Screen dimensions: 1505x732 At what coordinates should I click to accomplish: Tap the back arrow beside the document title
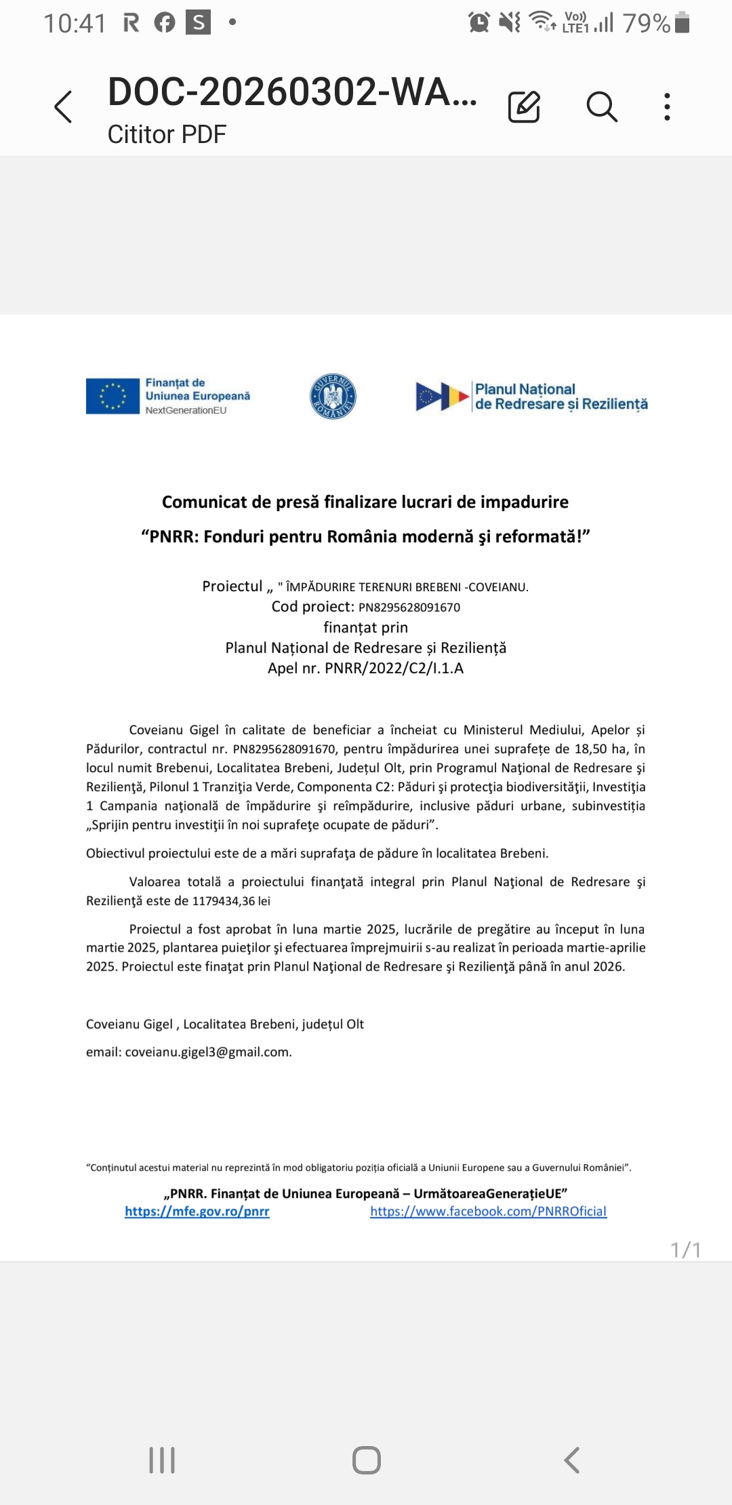[63, 107]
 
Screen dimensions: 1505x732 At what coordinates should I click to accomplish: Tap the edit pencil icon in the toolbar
[524, 106]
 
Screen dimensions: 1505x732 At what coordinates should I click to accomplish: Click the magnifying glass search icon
[601, 106]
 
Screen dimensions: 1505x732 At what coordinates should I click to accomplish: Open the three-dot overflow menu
[668, 106]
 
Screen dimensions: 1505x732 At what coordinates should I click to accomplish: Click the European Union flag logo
[113, 396]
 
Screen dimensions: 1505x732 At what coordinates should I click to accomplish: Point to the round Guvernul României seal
[333, 396]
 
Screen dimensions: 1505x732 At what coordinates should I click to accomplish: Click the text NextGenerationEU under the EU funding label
[186, 410]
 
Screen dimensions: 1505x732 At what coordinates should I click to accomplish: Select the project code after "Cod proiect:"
[409, 607]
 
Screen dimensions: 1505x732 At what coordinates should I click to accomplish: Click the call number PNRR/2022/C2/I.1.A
[394, 668]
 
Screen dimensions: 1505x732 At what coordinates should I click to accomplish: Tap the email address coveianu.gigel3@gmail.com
[208, 1052]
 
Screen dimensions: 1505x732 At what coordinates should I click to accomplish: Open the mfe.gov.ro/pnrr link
[197, 1211]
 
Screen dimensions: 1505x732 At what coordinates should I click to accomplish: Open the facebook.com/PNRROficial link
[488, 1211]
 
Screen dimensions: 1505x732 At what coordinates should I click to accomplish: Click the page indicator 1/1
[685, 1249]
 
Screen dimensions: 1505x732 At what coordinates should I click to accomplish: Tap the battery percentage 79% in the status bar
[647, 24]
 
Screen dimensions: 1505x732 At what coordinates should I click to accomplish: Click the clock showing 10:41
[75, 24]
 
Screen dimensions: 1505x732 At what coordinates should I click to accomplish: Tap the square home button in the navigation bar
[367, 1460]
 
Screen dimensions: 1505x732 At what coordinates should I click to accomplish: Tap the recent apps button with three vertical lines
[162, 1460]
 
